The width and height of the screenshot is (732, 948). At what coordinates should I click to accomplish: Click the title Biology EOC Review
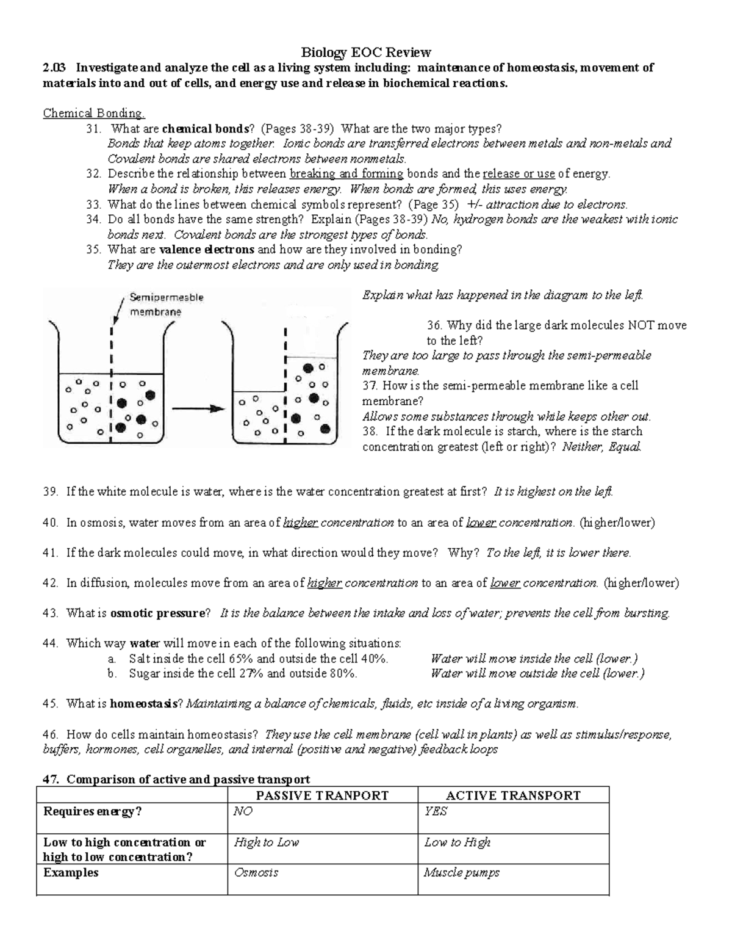(366, 52)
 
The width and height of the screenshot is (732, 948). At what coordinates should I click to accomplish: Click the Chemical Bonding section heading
(94, 114)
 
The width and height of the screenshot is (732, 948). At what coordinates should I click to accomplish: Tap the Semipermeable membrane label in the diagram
(166, 305)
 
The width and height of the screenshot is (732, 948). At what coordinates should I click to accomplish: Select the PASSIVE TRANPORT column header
(322, 795)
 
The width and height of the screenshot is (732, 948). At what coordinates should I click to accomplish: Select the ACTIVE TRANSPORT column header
(513, 795)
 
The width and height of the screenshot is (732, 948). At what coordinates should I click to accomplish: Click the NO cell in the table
(243, 811)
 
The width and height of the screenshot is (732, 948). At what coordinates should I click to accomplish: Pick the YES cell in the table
(436, 811)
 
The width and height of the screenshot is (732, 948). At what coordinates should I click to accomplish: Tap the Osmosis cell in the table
(256, 872)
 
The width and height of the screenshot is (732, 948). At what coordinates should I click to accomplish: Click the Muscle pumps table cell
(462, 872)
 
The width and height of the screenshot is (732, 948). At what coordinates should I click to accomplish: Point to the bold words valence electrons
(207, 250)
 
